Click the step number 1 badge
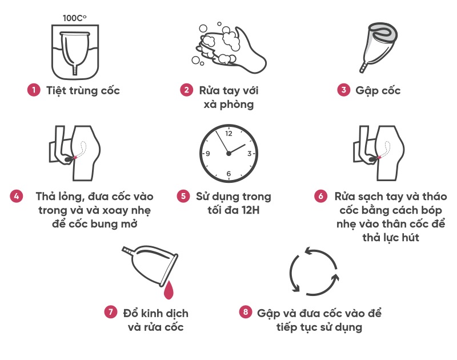click(34, 90)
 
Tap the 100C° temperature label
click(75, 18)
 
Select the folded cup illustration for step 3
click(378, 47)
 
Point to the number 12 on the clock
click(229, 134)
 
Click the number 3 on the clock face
click(250, 154)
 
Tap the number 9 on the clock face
click(208, 154)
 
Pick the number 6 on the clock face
click(229, 174)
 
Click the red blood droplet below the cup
click(169, 290)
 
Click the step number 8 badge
click(246, 312)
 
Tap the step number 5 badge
click(183, 196)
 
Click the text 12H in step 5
click(251, 210)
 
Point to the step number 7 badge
click(110, 312)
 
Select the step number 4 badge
click(17, 196)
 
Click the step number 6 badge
click(320, 196)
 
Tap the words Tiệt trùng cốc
click(83, 91)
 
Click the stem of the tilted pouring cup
click(127, 251)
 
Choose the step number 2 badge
click(187, 90)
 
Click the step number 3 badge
click(344, 90)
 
